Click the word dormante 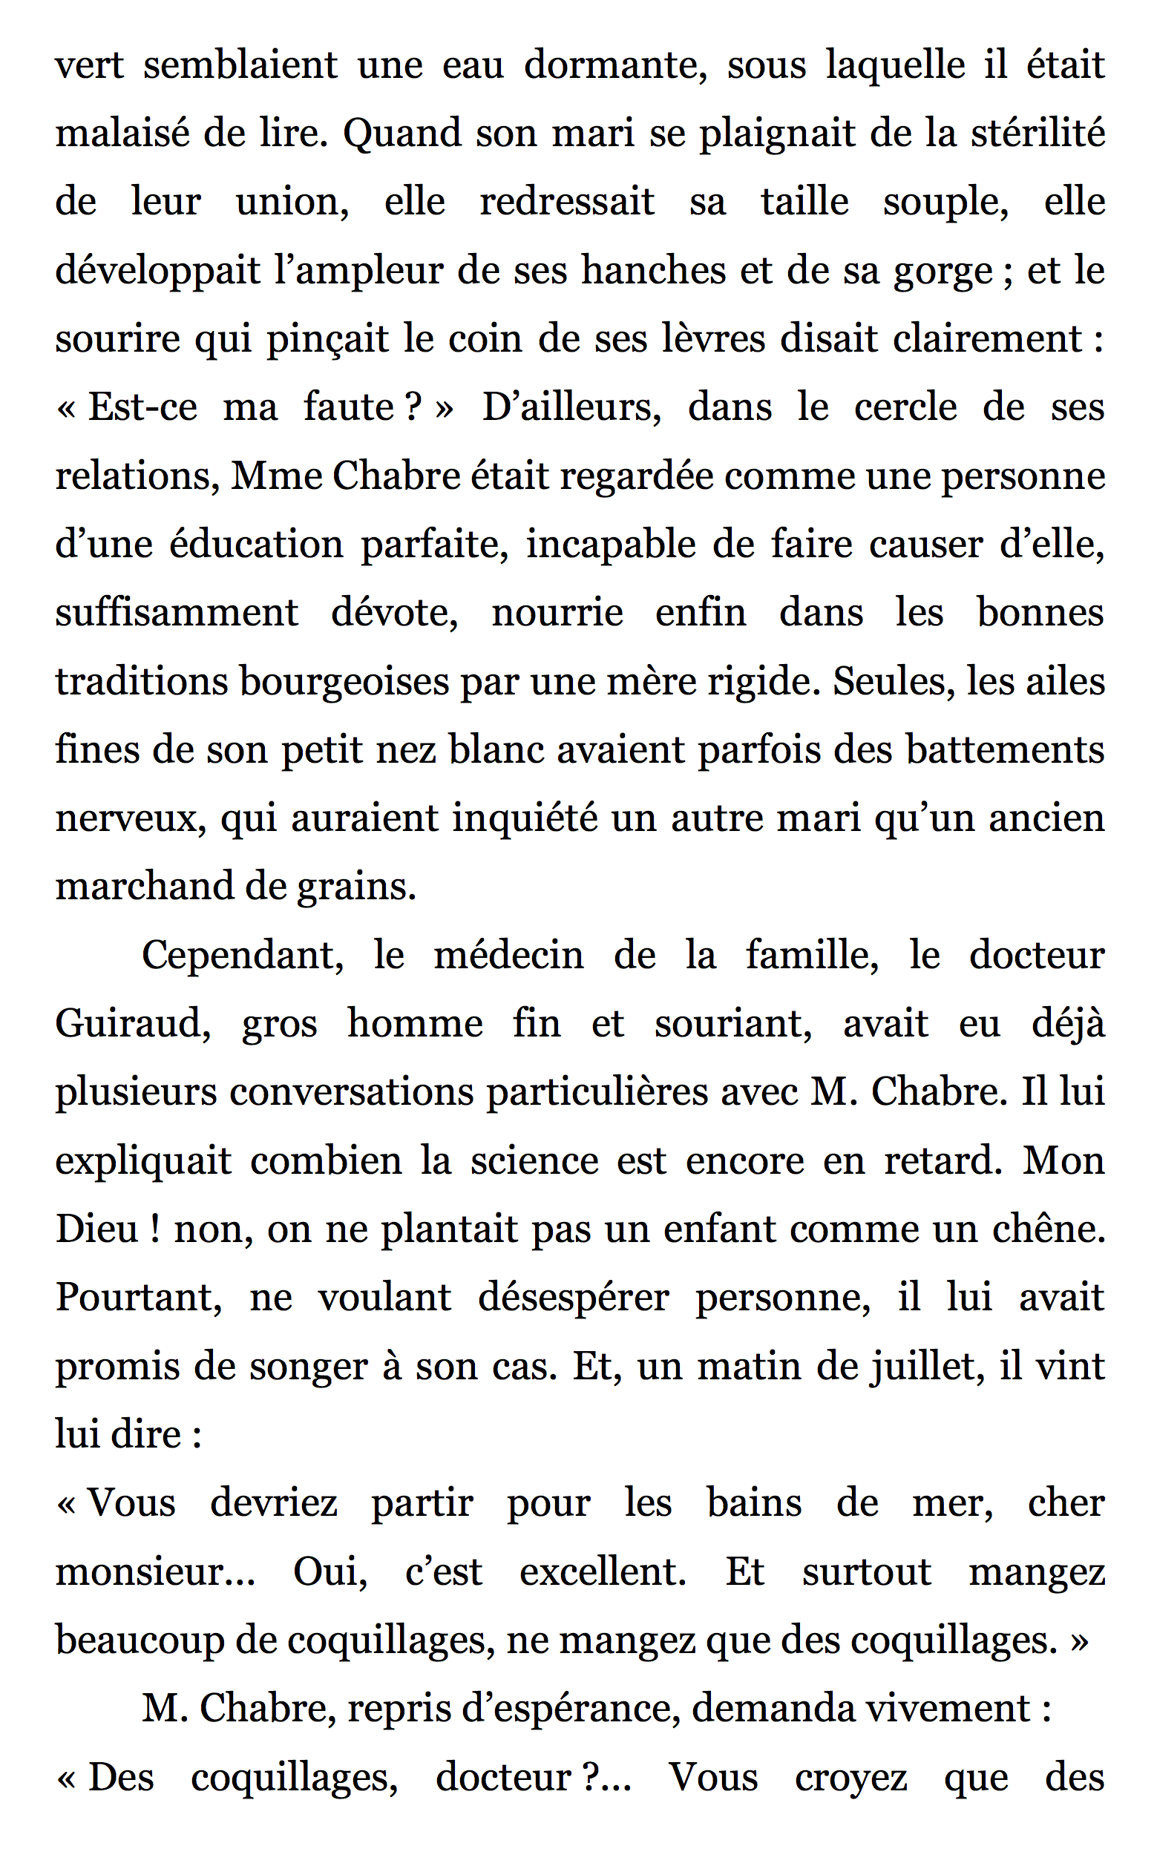(x=614, y=65)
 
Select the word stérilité (x=1038, y=133)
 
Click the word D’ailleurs (x=571, y=407)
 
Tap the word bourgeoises (x=344, y=682)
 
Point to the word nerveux (x=130, y=818)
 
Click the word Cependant (x=243, y=956)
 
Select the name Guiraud (x=132, y=1024)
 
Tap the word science (x=534, y=1160)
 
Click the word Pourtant (x=139, y=1298)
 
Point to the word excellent (x=602, y=1571)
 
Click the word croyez (x=850, y=1776)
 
